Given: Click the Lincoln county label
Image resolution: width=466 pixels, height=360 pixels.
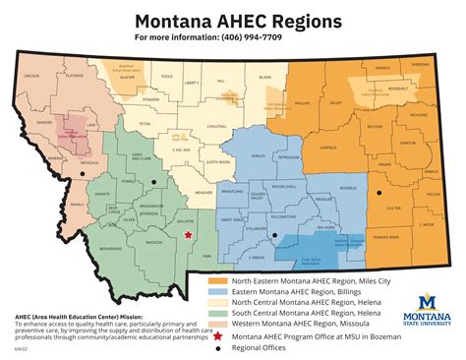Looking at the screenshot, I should click(x=31, y=75).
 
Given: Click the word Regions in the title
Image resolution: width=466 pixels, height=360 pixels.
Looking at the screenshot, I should click(x=292, y=20).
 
